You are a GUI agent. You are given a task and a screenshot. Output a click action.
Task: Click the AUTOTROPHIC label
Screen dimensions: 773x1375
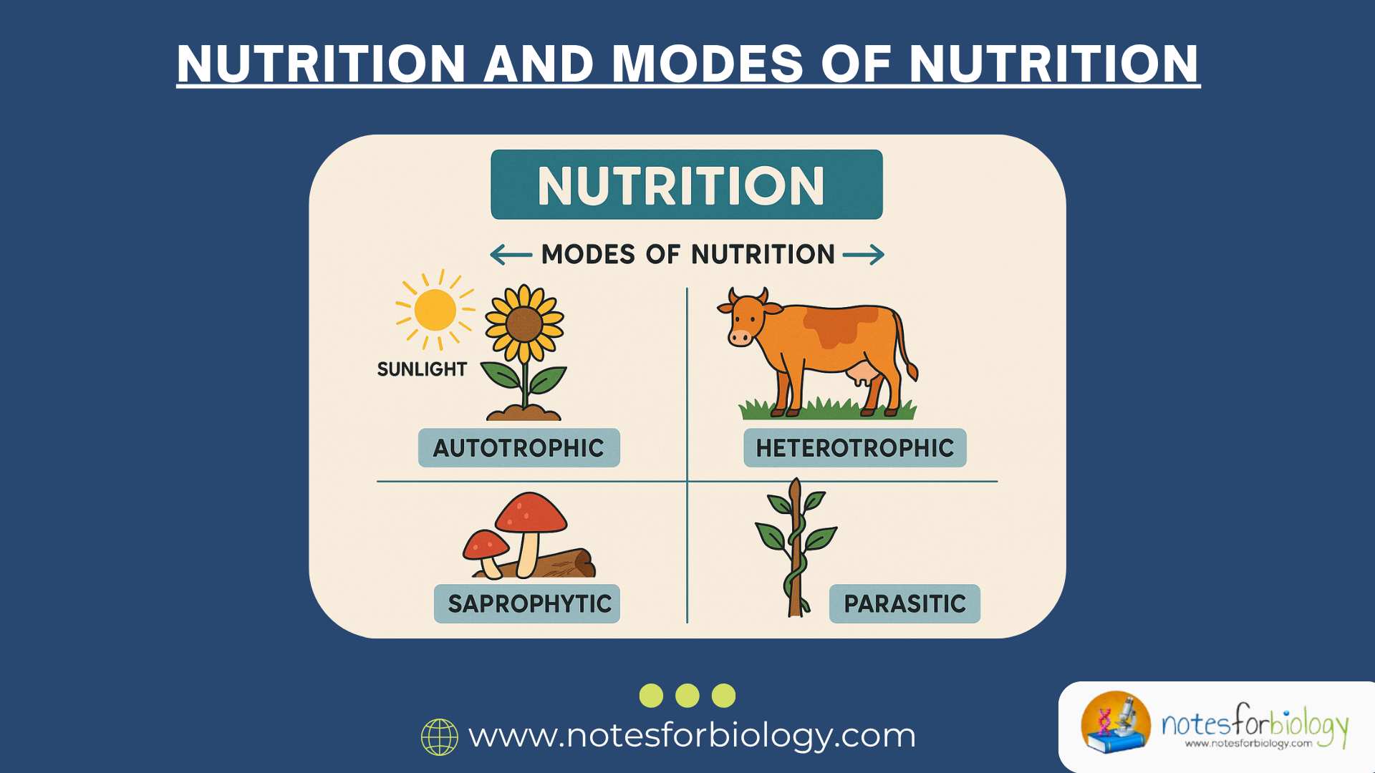click(518, 448)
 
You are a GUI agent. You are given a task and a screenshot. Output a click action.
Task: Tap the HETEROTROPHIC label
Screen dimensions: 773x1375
click(854, 448)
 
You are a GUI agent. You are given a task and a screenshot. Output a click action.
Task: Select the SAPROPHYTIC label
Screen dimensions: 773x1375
click(527, 604)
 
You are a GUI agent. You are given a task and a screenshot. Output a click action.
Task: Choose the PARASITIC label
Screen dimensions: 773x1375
click(904, 604)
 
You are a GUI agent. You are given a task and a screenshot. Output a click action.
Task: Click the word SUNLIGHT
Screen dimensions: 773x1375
click(422, 369)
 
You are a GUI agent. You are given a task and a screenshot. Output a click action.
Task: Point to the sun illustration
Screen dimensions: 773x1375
click(435, 310)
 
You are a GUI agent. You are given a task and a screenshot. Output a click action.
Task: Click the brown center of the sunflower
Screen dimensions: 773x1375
click(524, 324)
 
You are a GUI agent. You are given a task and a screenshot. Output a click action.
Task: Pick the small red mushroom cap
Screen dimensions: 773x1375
click(486, 545)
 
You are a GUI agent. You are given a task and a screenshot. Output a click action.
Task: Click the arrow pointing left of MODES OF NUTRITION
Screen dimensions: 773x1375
click(511, 255)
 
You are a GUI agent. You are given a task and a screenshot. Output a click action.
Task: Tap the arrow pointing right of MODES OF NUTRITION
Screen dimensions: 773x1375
click(864, 255)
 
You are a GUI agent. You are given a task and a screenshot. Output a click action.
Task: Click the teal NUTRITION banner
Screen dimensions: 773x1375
click(686, 185)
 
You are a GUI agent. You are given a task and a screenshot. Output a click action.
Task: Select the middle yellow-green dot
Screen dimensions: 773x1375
click(687, 696)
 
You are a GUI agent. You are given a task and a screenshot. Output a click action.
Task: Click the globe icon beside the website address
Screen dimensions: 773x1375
click(439, 737)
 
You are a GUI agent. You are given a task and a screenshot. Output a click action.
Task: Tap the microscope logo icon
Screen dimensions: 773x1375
click(1116, 723)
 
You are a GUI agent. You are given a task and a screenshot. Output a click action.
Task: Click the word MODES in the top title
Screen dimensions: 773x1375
click(707, 64)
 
